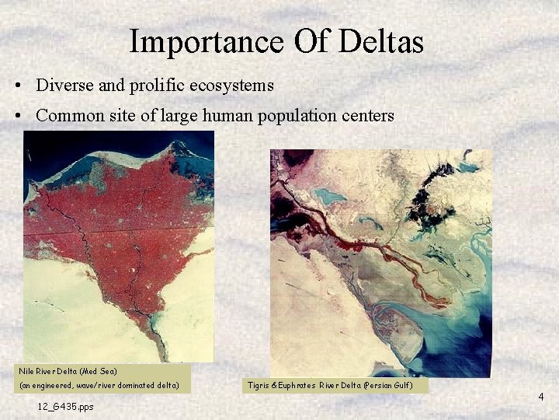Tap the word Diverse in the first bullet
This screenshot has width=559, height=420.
click(64, 85)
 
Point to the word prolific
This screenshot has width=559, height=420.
click(153, 85)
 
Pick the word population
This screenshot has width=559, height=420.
click(297, 116)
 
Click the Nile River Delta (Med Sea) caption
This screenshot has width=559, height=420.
click(68, 371)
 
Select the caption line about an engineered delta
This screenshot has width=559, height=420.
click(99, 385)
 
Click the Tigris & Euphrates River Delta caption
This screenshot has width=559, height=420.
click(330, 385)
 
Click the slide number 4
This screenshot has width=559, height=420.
click(540, 397)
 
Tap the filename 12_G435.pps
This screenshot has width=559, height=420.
click(65, 406)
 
